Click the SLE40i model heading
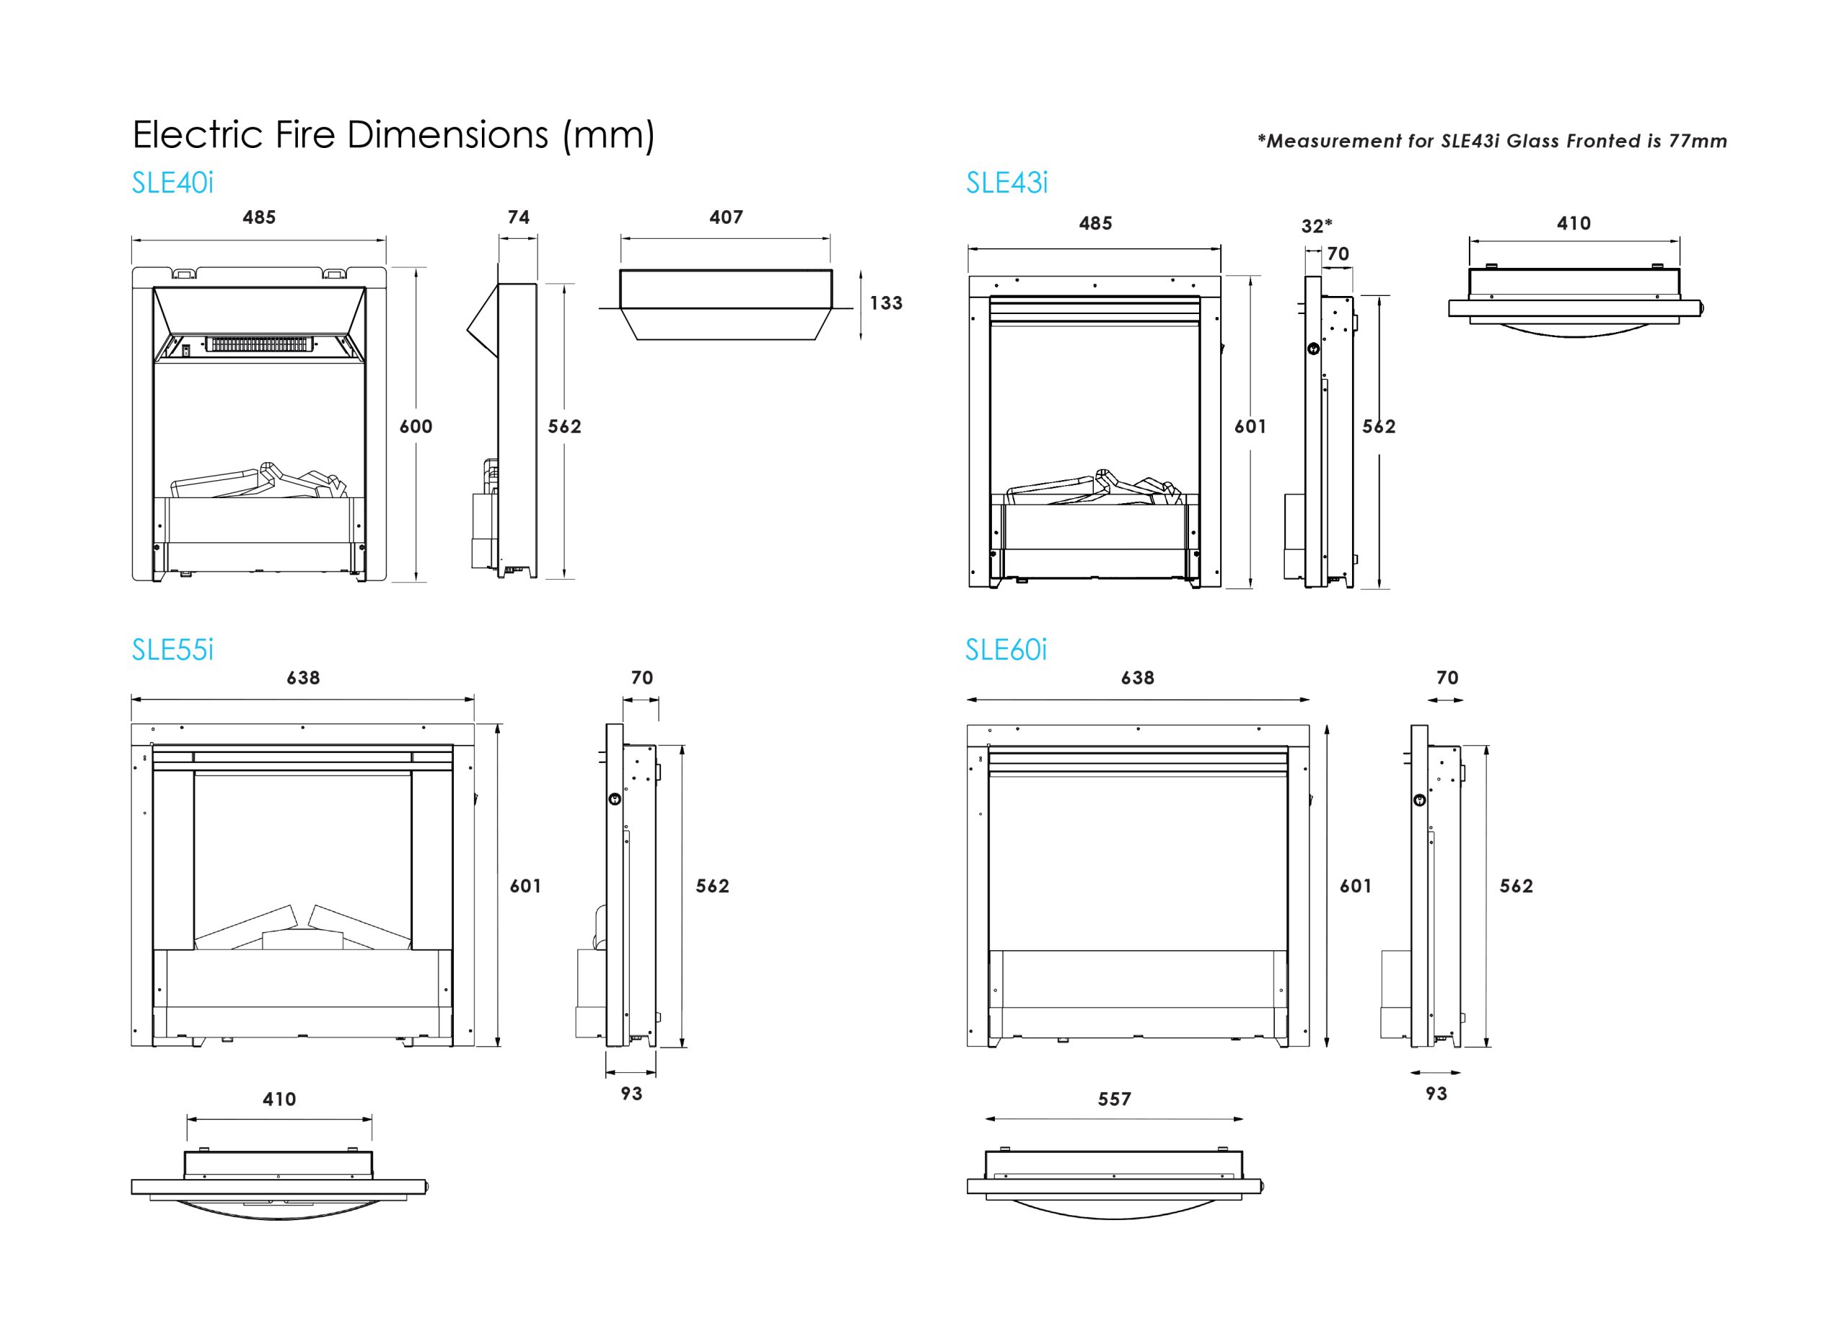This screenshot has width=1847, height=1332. click(x=172, y=183)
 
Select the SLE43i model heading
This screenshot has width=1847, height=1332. click(x=1006, y=183)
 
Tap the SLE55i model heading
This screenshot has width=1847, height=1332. click(x=172, y=649)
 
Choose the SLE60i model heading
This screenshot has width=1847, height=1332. click(x=1005, y=649)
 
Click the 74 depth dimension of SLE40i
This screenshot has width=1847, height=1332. click(x=518, y=217)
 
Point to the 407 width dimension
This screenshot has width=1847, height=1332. click(x=726, y=217)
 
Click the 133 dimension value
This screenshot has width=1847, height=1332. click(x=885, y=303)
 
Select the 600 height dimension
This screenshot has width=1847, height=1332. click(x=416, y=426)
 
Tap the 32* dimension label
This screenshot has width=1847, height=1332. click(x=1316, y=226)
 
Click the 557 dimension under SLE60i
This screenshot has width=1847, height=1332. click(x=1113, y=1099)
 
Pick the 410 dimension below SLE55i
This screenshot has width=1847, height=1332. click(x=278, y=1099)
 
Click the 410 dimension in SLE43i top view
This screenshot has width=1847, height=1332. click(x=1574, y=223)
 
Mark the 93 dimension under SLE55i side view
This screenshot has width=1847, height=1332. click(x=631, y=1093)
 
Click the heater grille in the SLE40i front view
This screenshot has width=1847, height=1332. click(x=260, y=344)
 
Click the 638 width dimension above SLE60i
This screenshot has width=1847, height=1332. click(x=1137, y=678)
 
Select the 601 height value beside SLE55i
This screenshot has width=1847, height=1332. click(x=525, y=886)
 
